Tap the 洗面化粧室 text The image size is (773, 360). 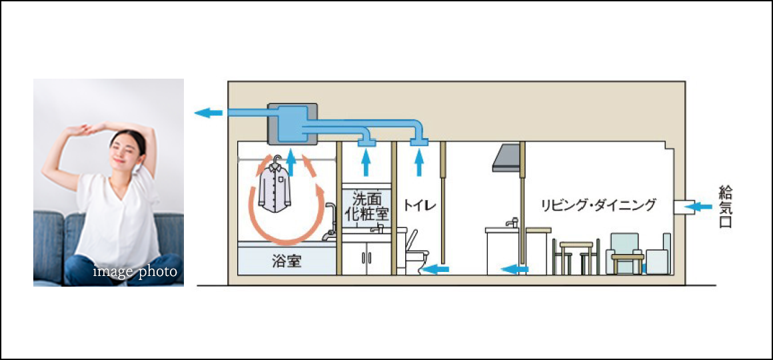click(x=366, y=206)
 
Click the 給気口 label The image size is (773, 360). click(x=725, y=207)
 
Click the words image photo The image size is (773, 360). click(x=135, y=271)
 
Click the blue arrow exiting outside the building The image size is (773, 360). click(x=208, y=113)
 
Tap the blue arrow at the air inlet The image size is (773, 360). click(x=699, y=207)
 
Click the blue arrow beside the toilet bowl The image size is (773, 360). click(x=436, y=269)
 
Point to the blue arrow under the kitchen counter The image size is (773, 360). click(x=514, y=269)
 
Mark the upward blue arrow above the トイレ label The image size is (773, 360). click(x=418, y=162)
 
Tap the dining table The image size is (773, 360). click(x=576, y=254)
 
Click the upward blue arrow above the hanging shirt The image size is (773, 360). click(x=289, y=161)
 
